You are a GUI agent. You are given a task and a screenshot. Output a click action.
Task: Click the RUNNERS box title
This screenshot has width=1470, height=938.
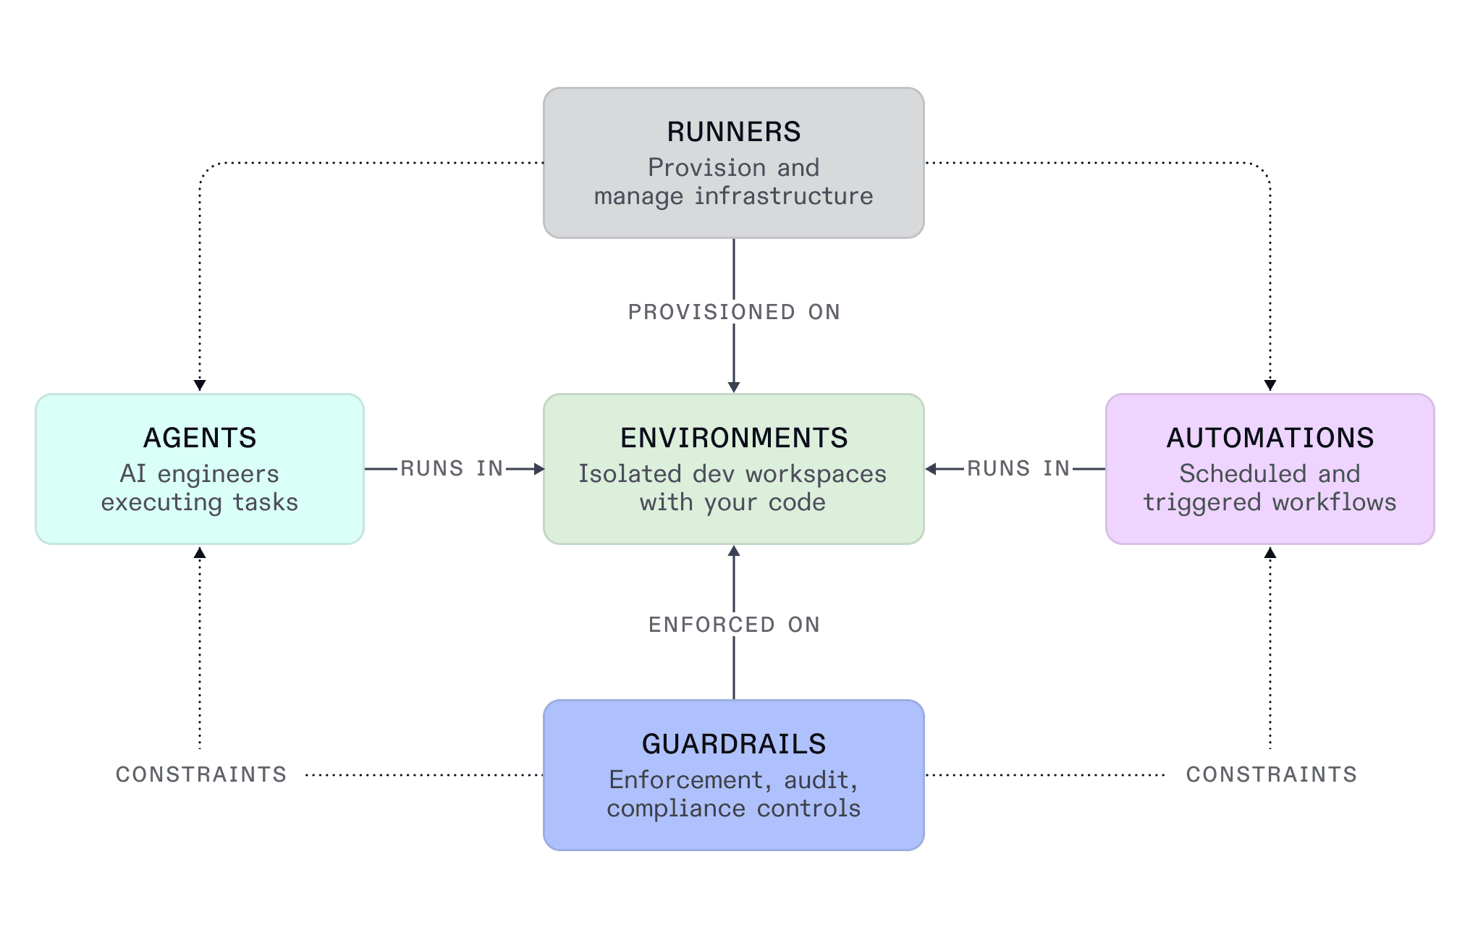click(x=733, y=132)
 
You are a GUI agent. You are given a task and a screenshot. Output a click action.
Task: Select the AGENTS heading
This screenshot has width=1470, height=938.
click(x=200, y=438)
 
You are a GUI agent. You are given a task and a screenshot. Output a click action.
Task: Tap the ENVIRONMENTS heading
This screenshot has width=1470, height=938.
click(x=733, y=438)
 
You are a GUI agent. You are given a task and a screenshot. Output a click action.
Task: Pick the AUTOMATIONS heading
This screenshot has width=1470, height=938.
click(x=1270, y=438)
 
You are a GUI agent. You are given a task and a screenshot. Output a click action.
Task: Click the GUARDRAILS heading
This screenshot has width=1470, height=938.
click(x=733, y=744)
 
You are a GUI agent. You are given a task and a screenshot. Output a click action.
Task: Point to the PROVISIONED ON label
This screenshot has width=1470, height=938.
click(x=733, y=312)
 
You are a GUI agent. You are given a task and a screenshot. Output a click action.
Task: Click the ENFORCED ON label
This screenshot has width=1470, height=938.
click(x=733, y=625)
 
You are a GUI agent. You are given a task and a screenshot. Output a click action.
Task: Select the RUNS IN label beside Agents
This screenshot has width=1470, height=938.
click(x=452, y=468)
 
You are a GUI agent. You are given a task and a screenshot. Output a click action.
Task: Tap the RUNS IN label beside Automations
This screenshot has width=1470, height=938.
click(x=1018, y=468)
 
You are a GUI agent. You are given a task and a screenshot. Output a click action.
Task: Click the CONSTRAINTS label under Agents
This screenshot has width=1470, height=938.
click(x=201, y=774)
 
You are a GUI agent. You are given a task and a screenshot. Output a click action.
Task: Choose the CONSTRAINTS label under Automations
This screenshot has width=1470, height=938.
click(x=1271, y=774)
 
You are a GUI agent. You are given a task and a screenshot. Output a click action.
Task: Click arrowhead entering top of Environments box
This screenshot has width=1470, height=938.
click(x=733, y=387)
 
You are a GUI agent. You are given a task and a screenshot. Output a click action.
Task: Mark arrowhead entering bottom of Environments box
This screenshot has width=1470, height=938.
click(x=733, y=552)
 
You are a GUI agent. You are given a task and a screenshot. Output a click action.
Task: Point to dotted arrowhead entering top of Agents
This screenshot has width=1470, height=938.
click(x=200, y=385)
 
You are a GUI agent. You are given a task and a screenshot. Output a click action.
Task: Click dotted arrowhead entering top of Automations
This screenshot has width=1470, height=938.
click(x=1270, y=385)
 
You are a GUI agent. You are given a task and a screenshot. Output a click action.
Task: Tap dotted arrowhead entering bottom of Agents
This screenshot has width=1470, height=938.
click(x=200, y=554)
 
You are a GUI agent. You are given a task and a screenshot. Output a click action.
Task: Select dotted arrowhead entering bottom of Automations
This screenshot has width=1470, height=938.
click(x=1270, y=554)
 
